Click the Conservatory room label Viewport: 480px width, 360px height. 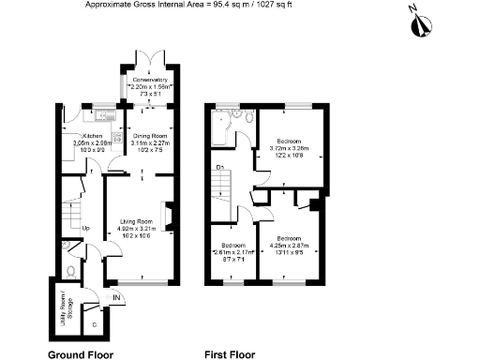pos(143,80)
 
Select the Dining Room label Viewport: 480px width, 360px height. pos(142,135)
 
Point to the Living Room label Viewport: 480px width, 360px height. pos(136,221)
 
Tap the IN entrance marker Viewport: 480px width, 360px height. pos(115,298)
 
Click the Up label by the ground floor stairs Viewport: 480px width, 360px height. pos(86,227)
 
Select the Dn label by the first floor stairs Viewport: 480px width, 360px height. pos(219,168)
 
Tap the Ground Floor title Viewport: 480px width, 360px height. pos(81,355)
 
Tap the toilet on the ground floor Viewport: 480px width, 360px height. pos(72,270)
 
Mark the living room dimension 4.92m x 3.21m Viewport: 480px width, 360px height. pos(136,229)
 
